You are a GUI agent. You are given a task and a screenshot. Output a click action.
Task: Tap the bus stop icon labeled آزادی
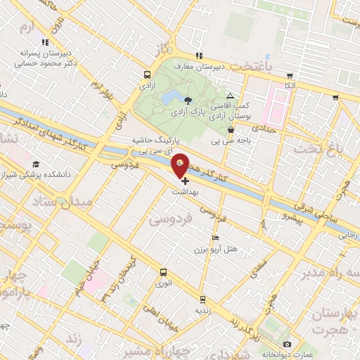(x=146, y=74)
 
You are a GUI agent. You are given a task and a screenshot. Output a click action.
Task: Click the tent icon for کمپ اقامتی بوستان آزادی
(x=231, y=96)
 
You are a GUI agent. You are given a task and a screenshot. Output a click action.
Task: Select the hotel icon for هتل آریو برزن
(x=216, y=238)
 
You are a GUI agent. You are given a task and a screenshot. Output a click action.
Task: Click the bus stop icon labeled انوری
(x=163, y=273)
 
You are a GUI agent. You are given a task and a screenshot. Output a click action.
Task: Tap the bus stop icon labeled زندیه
(x=202, y=298)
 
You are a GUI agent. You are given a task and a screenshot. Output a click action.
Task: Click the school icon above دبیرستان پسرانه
(x=46, y=43)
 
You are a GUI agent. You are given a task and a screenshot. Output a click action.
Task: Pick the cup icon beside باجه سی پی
(x=231, y=130)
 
